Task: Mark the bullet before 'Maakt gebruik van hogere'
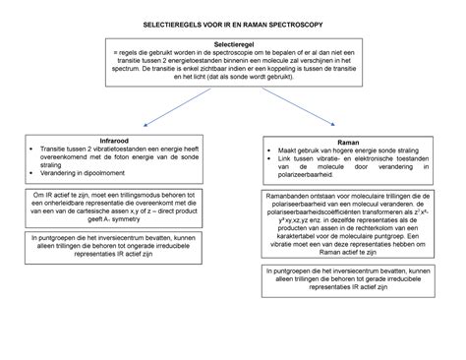coord(268,151)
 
